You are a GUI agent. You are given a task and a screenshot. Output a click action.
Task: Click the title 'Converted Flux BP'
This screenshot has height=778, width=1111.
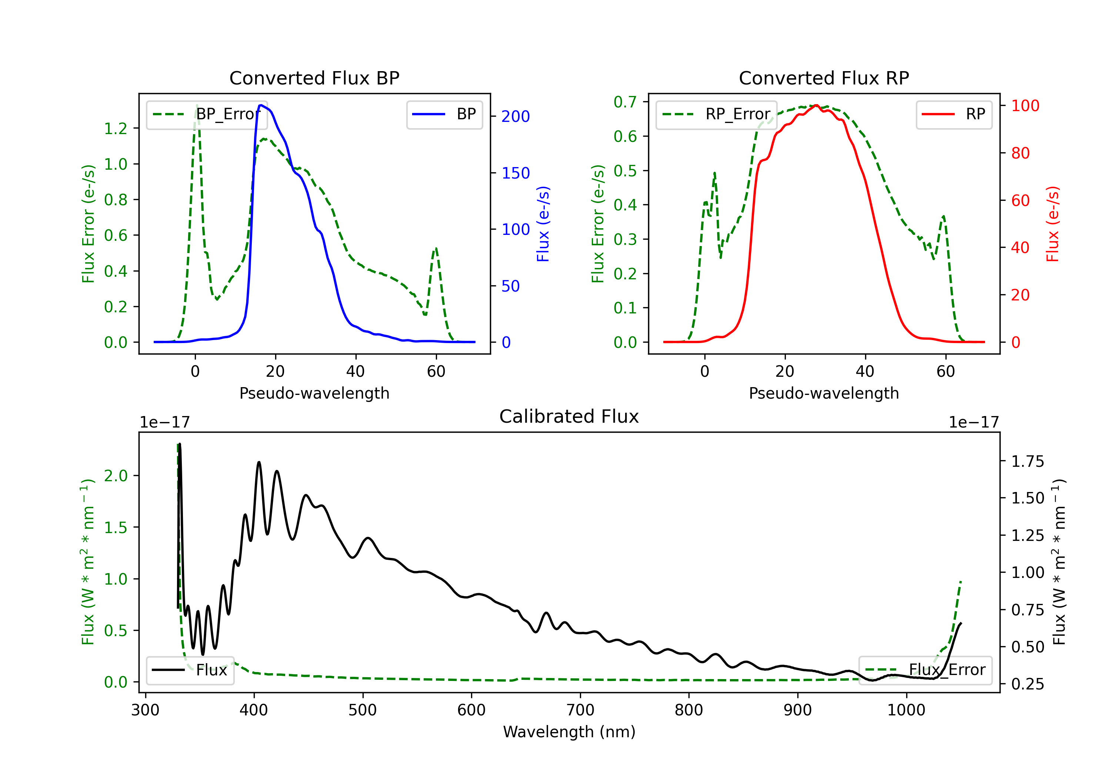click(x=314, y=78)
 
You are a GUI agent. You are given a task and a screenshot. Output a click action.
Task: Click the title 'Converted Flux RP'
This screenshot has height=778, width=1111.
click(x=824, y=78)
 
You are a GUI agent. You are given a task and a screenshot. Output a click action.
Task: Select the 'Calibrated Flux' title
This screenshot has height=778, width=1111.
click(x=569, y=416)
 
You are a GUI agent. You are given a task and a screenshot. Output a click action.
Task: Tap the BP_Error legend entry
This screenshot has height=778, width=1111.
click(x=207, y=114)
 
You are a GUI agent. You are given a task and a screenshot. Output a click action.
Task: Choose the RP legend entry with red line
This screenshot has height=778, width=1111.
click(x=954, y=114)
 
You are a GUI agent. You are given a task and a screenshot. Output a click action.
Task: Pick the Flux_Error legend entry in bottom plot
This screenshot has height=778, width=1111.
click(x=925, y=670)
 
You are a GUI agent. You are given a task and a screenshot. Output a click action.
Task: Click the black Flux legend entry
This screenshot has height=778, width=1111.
click(x=190, y=670)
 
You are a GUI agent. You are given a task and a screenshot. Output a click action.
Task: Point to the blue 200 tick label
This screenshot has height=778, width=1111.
click(x=516, y=116)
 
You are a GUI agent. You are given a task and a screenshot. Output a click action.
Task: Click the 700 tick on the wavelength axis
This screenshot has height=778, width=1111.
click(x=580, y=710)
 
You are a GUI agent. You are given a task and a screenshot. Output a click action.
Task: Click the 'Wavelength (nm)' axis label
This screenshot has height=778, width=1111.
click(x=569, y=732)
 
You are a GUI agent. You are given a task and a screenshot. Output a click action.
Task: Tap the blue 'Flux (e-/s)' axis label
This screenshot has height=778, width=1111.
click(x=543, y=224)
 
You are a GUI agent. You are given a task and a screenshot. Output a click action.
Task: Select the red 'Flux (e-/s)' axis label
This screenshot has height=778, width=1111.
click(x=1052, y=224)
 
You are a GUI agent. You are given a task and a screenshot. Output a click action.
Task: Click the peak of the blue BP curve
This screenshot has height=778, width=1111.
click(x=261, y=105)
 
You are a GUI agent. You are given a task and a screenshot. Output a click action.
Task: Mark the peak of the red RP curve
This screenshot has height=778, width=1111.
click(x=816, y=105)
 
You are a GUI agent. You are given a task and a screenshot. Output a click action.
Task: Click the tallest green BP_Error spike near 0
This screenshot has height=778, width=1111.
click(x=196, y=105)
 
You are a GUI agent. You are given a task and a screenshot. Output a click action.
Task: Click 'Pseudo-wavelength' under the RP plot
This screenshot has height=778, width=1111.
click(x=824, y=393)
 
